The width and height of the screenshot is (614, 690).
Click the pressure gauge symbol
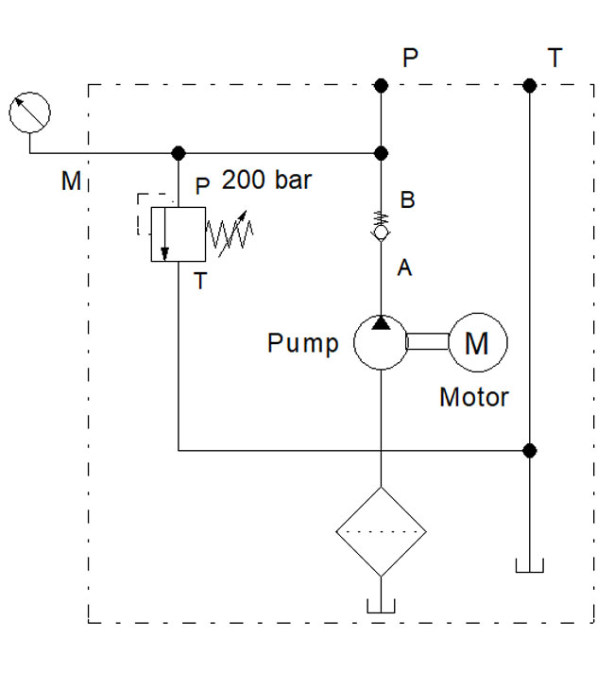[29, 113]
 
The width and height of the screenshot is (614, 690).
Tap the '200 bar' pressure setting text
[266, 181]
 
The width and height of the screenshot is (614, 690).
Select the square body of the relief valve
[179, 233]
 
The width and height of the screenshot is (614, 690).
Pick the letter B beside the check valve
[408, 200]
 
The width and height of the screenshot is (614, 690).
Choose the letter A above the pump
[404, 268]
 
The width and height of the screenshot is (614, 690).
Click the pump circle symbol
[380, 343]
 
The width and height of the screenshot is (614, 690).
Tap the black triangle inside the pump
[380, 323]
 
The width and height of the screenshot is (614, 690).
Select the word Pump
[302, 343]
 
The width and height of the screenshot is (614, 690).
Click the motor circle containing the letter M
[478, 343]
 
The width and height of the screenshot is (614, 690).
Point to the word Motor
[474, 397]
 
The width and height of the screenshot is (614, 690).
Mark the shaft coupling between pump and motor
[427, 342]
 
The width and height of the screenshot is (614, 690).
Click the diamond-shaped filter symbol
[380, 531]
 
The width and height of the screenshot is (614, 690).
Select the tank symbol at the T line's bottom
[530, 566]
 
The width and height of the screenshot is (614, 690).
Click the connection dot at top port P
[381, 86]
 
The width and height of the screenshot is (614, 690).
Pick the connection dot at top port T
[530, 86]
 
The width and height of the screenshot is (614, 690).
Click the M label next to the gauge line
[71, 181]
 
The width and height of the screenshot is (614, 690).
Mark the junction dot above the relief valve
[179, 153]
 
